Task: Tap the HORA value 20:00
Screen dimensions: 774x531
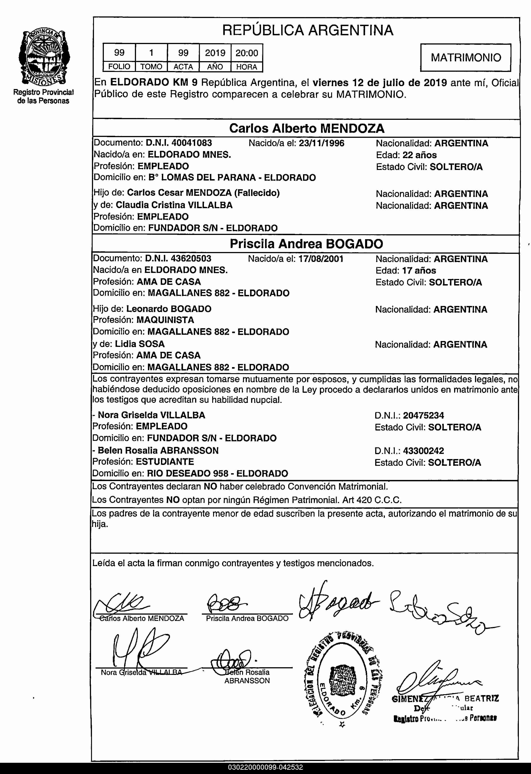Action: (247, 53)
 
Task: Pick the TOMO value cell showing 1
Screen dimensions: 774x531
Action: (151, 53)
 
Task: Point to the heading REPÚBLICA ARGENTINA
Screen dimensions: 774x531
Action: (308, 30)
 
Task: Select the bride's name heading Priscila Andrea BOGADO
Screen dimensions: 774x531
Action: (306, 244)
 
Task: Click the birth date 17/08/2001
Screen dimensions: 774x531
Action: (321, 259)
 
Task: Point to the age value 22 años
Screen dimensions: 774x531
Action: (419, 155)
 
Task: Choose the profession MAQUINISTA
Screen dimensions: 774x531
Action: (165, 320)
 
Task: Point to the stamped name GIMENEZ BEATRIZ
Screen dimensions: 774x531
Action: (445, 698)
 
